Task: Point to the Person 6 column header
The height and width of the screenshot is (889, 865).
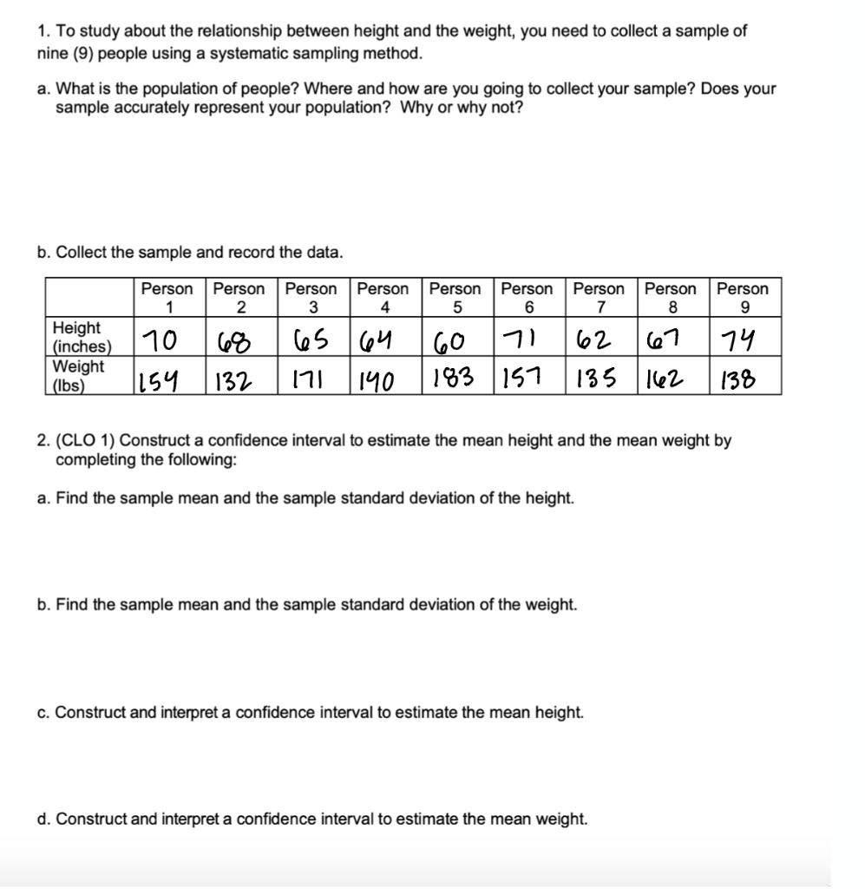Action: (x=528, y=297)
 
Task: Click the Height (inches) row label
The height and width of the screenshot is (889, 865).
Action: (x=77, y=337)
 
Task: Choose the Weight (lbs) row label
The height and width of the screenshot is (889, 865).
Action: (x=77, y=375)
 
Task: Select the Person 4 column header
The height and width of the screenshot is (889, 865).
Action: (x=383, y=297)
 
